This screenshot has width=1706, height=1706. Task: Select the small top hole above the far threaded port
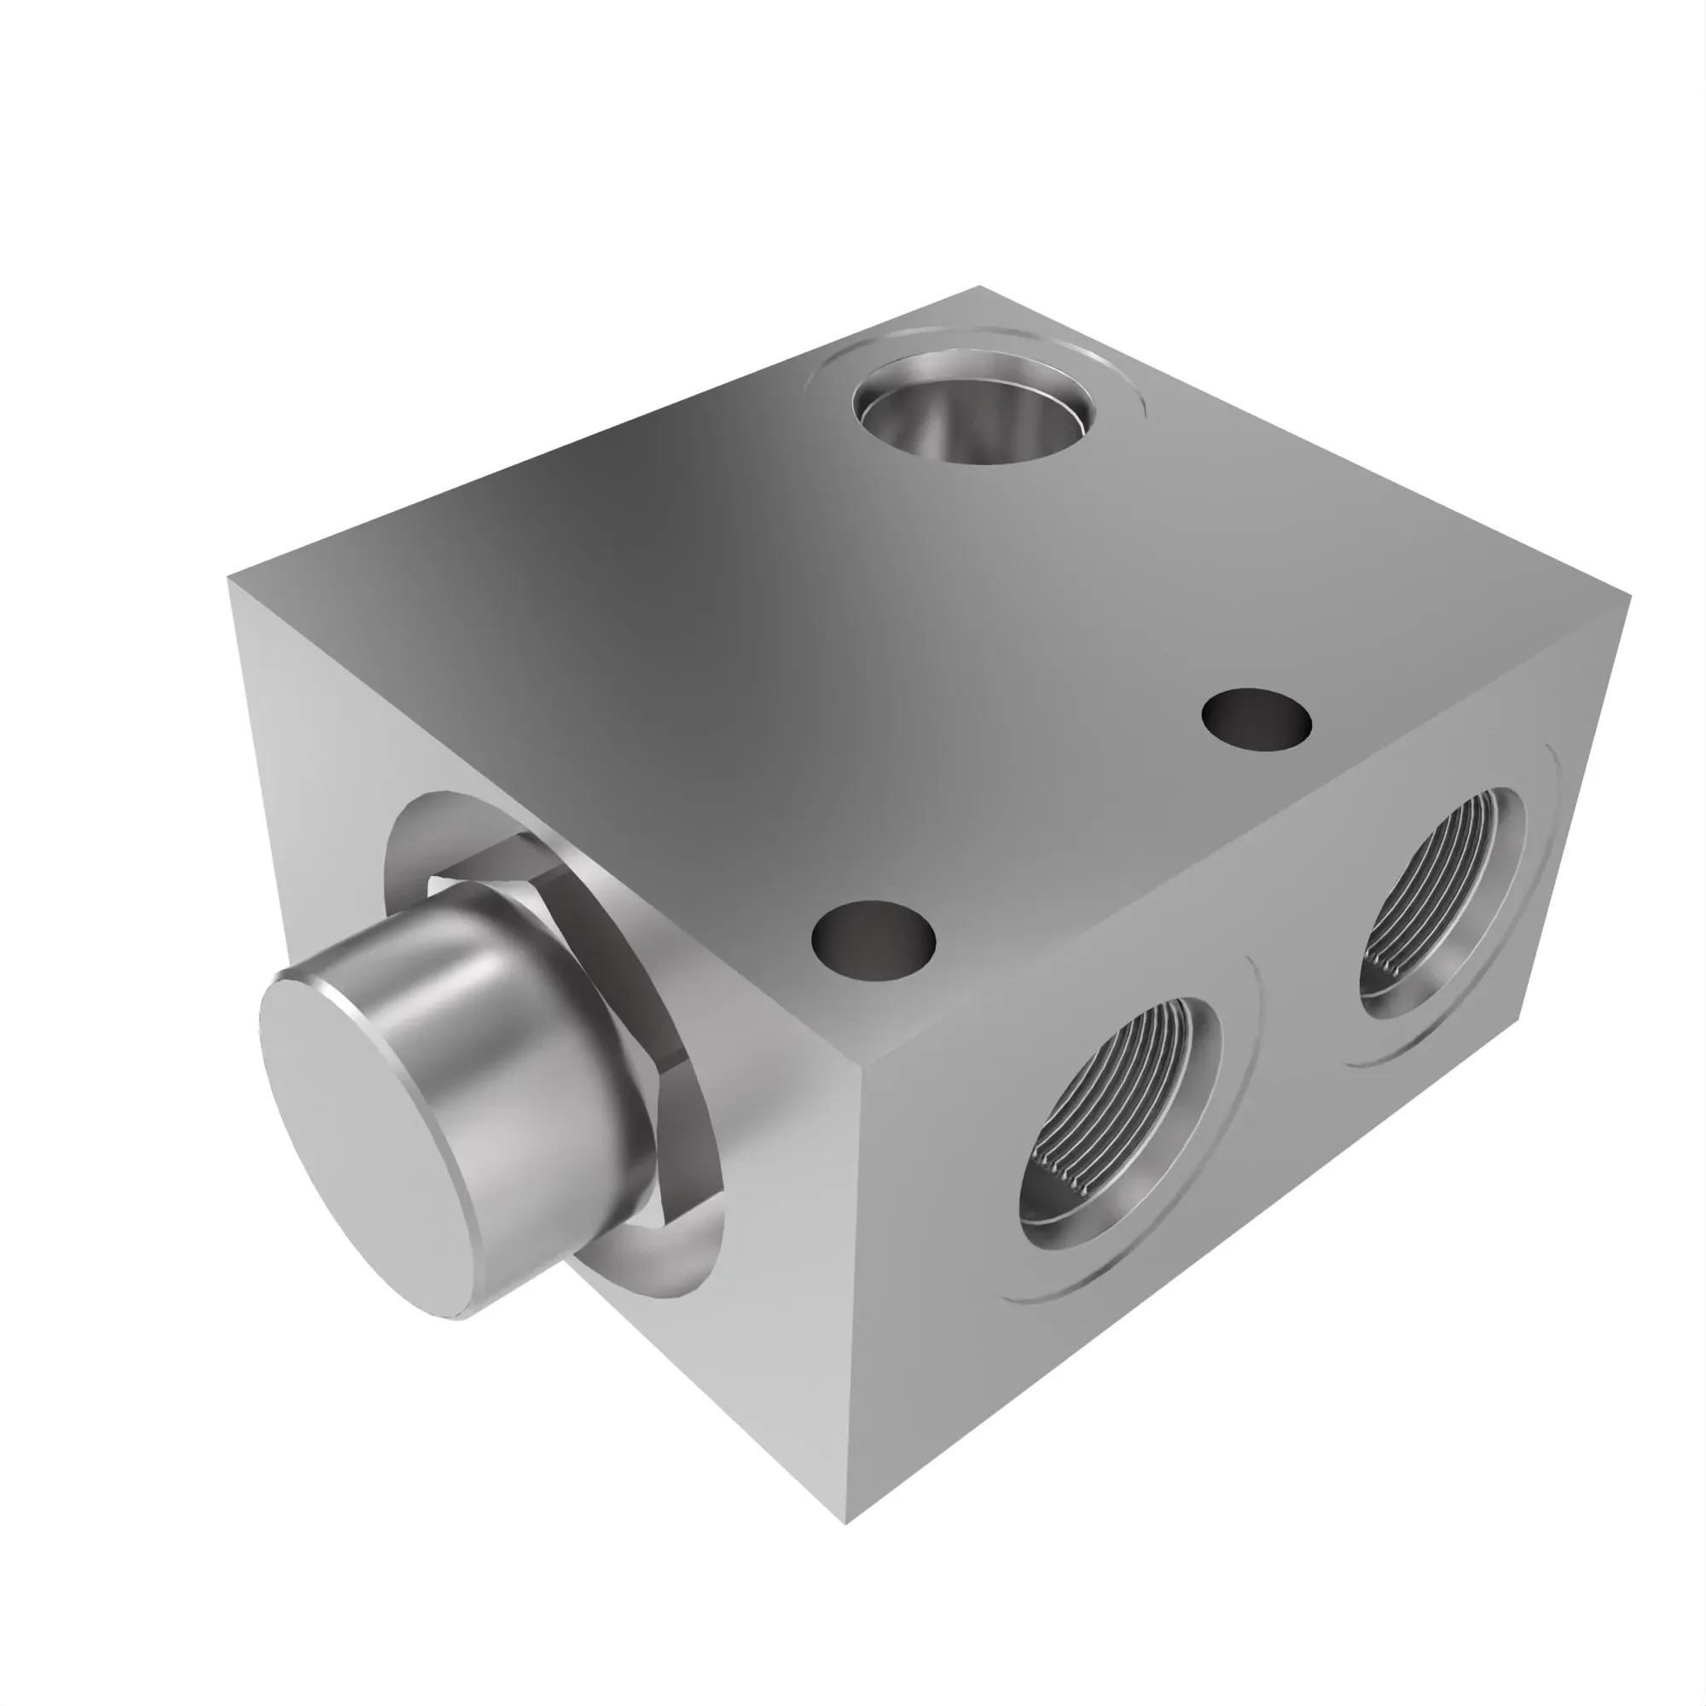tap(1256, 721)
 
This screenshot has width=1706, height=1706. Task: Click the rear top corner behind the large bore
tap(978, 287)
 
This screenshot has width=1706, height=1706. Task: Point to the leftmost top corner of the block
tap(229, 577)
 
